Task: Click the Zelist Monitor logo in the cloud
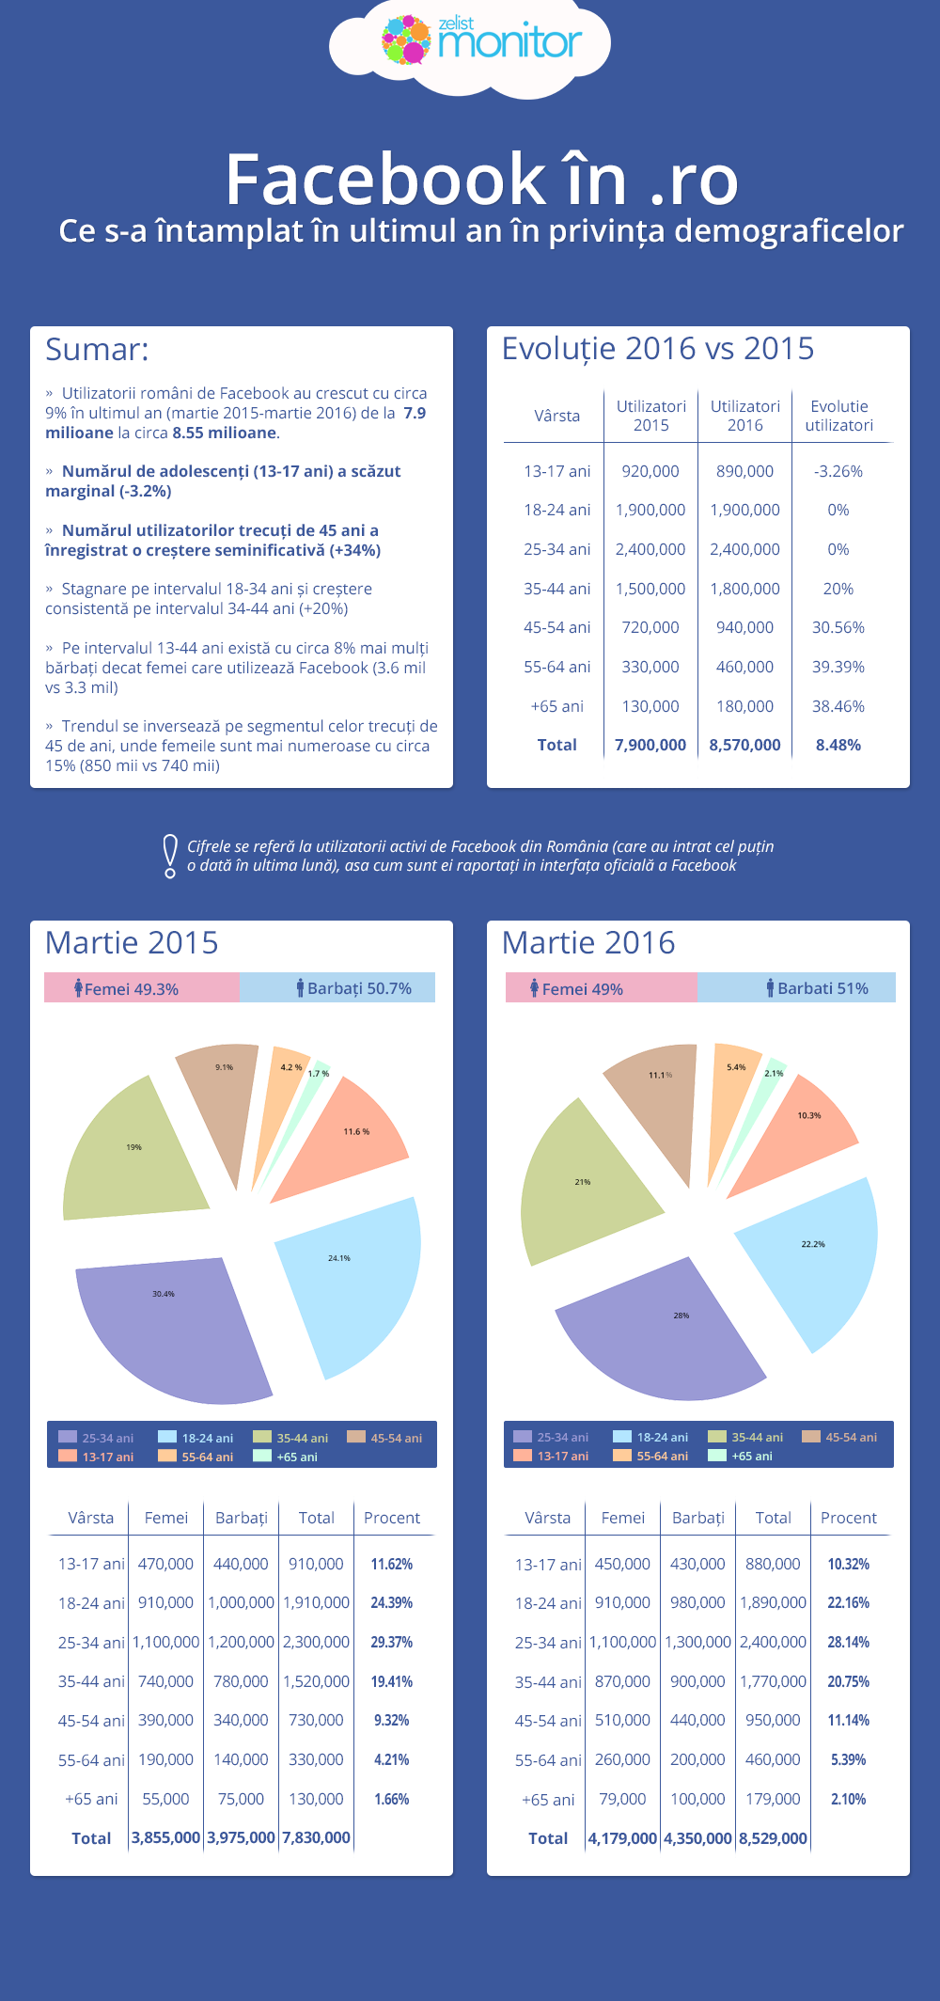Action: point(481,40)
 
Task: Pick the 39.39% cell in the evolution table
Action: point(838,667)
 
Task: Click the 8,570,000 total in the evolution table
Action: point(744,745)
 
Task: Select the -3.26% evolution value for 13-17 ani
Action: point(838,471)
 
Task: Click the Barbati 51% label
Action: point(817,988)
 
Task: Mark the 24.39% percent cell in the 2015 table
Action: point(391,1602)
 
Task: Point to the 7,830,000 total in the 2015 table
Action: point(316,1837)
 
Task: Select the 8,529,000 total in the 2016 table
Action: point(773,1838)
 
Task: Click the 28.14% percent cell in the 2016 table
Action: point(848,1642)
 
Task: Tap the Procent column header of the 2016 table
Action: point(848,1518)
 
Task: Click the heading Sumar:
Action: point(97,350)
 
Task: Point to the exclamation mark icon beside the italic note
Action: point(170,856)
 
